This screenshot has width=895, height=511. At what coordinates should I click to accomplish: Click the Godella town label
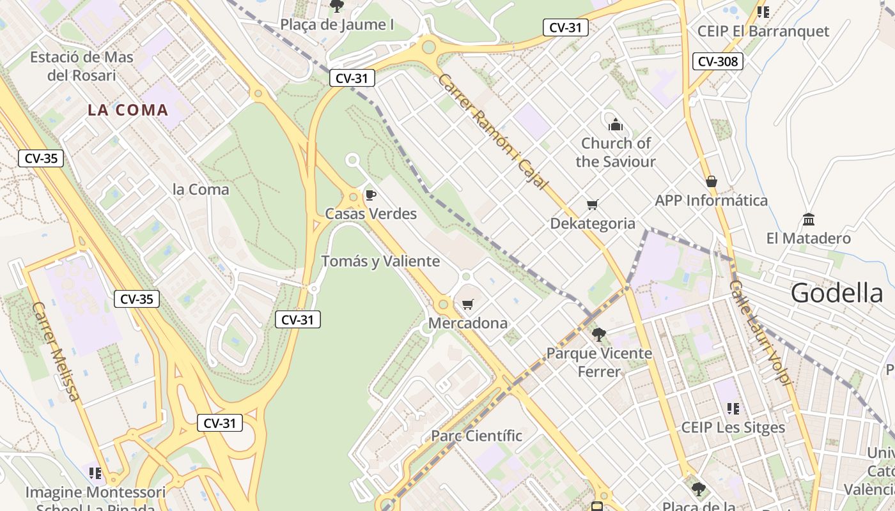tap(837, 293)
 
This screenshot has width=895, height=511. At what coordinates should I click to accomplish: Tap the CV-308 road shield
tap(717, 61)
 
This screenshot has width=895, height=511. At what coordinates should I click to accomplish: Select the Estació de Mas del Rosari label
tap(82, 66)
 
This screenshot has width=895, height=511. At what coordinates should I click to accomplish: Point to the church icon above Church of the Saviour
tap(616, 124)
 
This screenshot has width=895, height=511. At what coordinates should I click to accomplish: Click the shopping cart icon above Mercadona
tap(468, 304)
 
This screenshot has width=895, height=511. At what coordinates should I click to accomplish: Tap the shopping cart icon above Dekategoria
tap(593, 204)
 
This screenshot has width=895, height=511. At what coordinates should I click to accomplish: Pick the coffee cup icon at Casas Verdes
tap(370, 195)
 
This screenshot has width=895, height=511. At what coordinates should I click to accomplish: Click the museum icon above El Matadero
tap(809, 220)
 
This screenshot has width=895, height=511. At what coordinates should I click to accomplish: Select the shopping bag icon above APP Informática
tap(711, 181)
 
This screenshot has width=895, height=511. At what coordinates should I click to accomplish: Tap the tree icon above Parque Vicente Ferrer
tap(599, 334)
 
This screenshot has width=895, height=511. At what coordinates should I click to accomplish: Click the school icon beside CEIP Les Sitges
tap(733, 408)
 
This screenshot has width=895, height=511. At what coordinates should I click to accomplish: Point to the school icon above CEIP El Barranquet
tap(763, 11)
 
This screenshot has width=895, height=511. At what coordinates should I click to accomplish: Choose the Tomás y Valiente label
tap(380, 261)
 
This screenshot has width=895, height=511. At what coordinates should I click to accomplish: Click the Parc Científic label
tap(476, 436)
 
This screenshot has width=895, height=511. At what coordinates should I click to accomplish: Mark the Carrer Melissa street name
tap(56, 352)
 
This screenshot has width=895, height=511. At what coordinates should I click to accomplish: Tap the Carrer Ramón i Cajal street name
tap(493, 132)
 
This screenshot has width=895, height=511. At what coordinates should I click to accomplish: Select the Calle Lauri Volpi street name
tap(761, 332)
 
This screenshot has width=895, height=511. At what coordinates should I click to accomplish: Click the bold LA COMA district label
tap(128, 110)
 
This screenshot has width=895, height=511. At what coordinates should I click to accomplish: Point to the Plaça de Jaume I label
tap(337, 25)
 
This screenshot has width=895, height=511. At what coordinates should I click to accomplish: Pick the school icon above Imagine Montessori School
tap(95, 473)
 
